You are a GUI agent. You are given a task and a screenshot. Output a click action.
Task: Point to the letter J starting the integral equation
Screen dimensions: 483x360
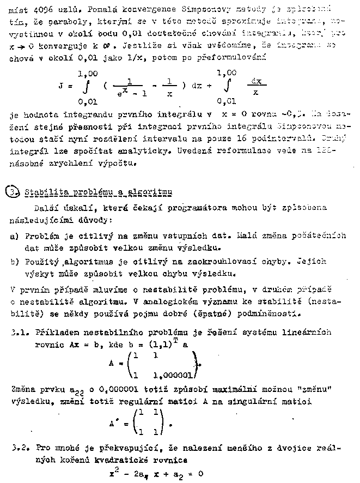coord(60,85)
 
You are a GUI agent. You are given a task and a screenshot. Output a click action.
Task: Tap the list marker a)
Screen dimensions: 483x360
coord(14,236)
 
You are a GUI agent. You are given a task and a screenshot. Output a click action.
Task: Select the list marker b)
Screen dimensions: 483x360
coord(14,261)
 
